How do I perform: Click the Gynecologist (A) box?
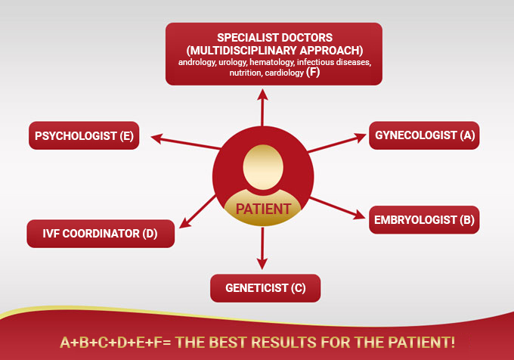tap(424, 135)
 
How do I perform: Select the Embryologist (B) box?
tap(424, 219)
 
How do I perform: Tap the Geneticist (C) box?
tap(265, 288)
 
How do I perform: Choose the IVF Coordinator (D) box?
tap(101, 234)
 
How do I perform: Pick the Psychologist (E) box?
tap(84, 135)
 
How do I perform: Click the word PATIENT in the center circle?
tap(263, 209)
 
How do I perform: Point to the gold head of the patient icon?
tap(263, 167)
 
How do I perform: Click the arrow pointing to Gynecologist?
tap(337, 143)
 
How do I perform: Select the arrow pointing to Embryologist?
tap(337, 208)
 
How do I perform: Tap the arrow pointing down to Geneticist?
tap(262, 249)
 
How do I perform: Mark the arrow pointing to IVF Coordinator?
tap(198, 212)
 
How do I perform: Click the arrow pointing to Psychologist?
tap(185, 141)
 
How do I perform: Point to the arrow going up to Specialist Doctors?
tap(262, 107)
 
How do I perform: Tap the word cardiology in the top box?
tap(284, 73)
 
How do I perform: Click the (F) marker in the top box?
tap(313, 72)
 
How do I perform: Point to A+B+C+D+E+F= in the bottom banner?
tap(116, 343)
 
